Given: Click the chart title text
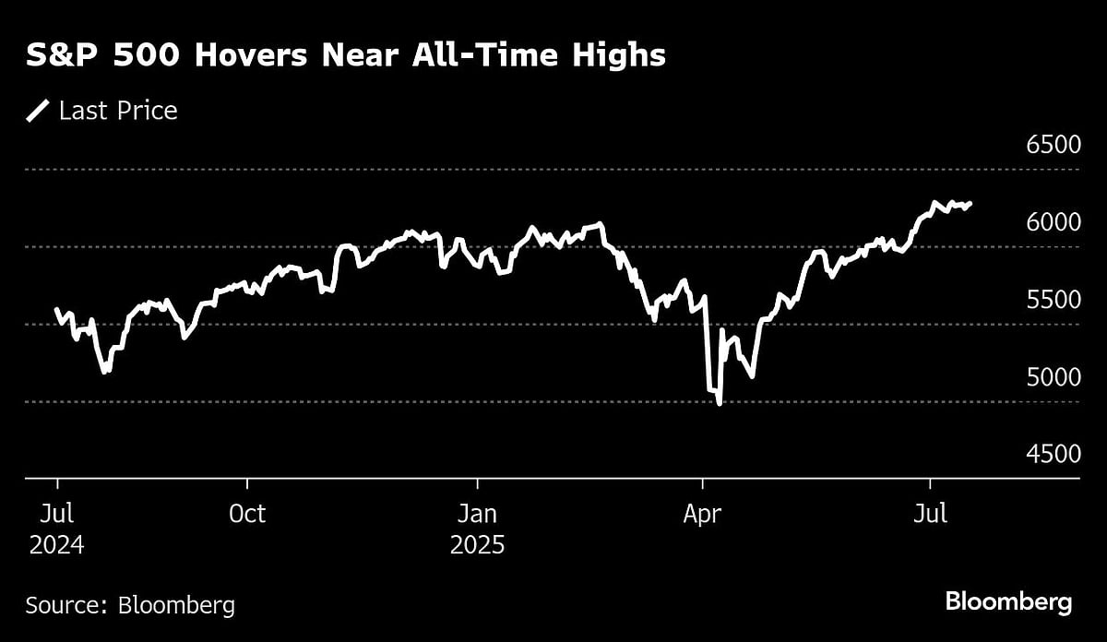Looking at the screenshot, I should point(345,55).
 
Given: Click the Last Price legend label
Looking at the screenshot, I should point(118,112).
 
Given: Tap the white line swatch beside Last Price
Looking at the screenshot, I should point(38,112).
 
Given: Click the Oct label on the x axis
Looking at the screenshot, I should point(246,514).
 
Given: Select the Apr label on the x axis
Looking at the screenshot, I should point(703,514).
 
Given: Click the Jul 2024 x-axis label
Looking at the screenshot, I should point(56,529).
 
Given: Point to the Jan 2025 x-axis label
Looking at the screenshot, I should point(477,529).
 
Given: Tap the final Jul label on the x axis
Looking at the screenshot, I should point(929,514).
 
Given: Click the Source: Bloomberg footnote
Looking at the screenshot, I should point(130,605).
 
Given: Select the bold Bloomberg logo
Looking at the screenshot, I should point(1008,602).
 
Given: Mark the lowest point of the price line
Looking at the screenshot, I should point(719,403).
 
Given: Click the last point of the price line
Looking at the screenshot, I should point(970,204).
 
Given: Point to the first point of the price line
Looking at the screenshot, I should point(56,310).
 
